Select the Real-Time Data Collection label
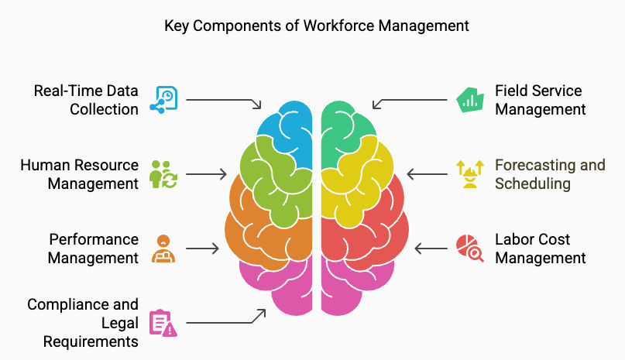tap(86, 100)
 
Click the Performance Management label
tap(93, 249)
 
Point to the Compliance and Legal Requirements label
tap(83, 323)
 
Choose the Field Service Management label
tap(540, 100)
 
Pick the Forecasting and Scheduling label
tap(550, 174)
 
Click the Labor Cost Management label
tap(540, 249)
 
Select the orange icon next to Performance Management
tap(164, 249)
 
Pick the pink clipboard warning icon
tap(164, 323)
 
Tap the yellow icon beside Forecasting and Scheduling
tap(468, 174)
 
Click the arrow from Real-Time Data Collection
tap(224, 101)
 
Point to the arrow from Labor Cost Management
tap(431, 249)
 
